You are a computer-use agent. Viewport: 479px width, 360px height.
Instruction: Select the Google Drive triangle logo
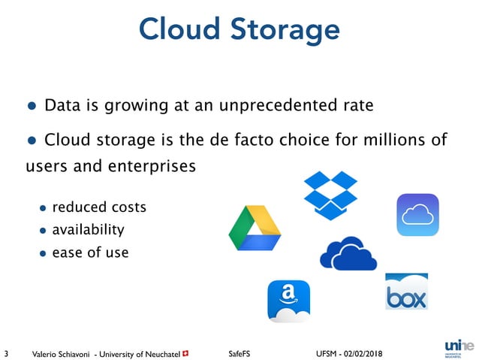point(255,228)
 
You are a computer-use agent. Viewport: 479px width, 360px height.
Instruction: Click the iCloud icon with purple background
point(417,215)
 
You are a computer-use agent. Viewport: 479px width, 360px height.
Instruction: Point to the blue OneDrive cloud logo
point(348,253)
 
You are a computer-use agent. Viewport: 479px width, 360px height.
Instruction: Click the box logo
point(406,292)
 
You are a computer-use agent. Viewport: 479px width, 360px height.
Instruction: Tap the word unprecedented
point(283,105)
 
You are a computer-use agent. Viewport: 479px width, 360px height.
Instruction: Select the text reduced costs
point(98,207)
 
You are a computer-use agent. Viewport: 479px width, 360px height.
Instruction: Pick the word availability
point(88,229)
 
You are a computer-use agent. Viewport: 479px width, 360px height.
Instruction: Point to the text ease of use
point(90,253)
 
